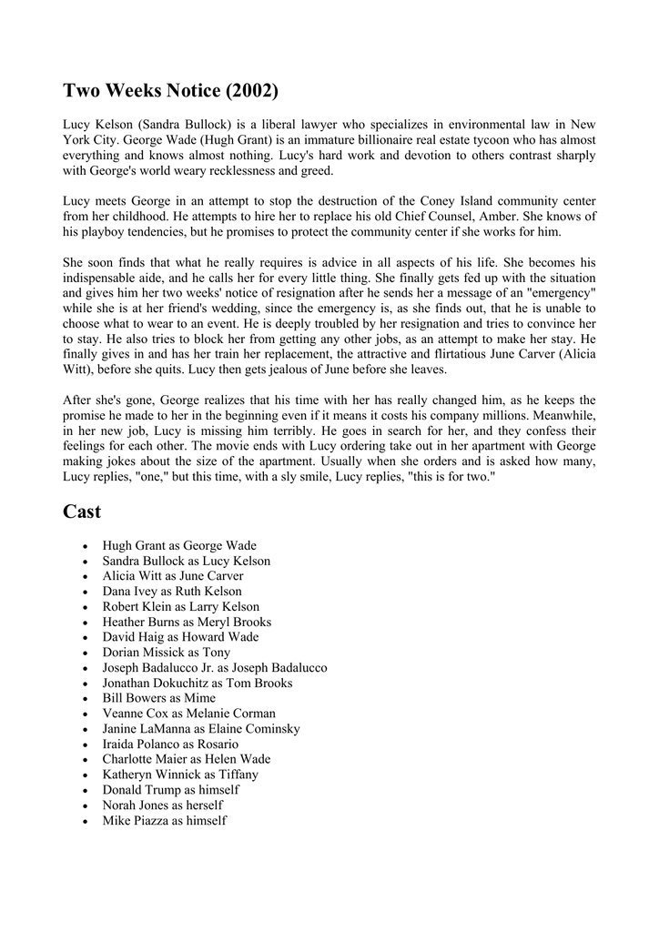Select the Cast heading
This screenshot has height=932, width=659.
tap(82, 512)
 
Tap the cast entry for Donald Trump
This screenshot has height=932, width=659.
tap(170, 790)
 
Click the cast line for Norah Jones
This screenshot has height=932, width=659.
tap(162, 805)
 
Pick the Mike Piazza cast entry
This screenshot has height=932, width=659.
tap(164, 821)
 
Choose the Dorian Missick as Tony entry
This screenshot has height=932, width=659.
tap(166, 653)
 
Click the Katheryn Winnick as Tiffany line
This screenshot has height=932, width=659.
tap(180, 775)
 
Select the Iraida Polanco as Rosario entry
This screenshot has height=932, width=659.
tap(170, 745)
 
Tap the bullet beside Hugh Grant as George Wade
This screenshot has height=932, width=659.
tap(86, 546)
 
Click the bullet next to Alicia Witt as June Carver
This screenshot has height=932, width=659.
tap(86, 576)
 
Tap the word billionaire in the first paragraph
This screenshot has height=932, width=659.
tap(349, 139)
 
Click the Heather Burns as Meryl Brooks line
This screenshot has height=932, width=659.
tap(187, 622)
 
